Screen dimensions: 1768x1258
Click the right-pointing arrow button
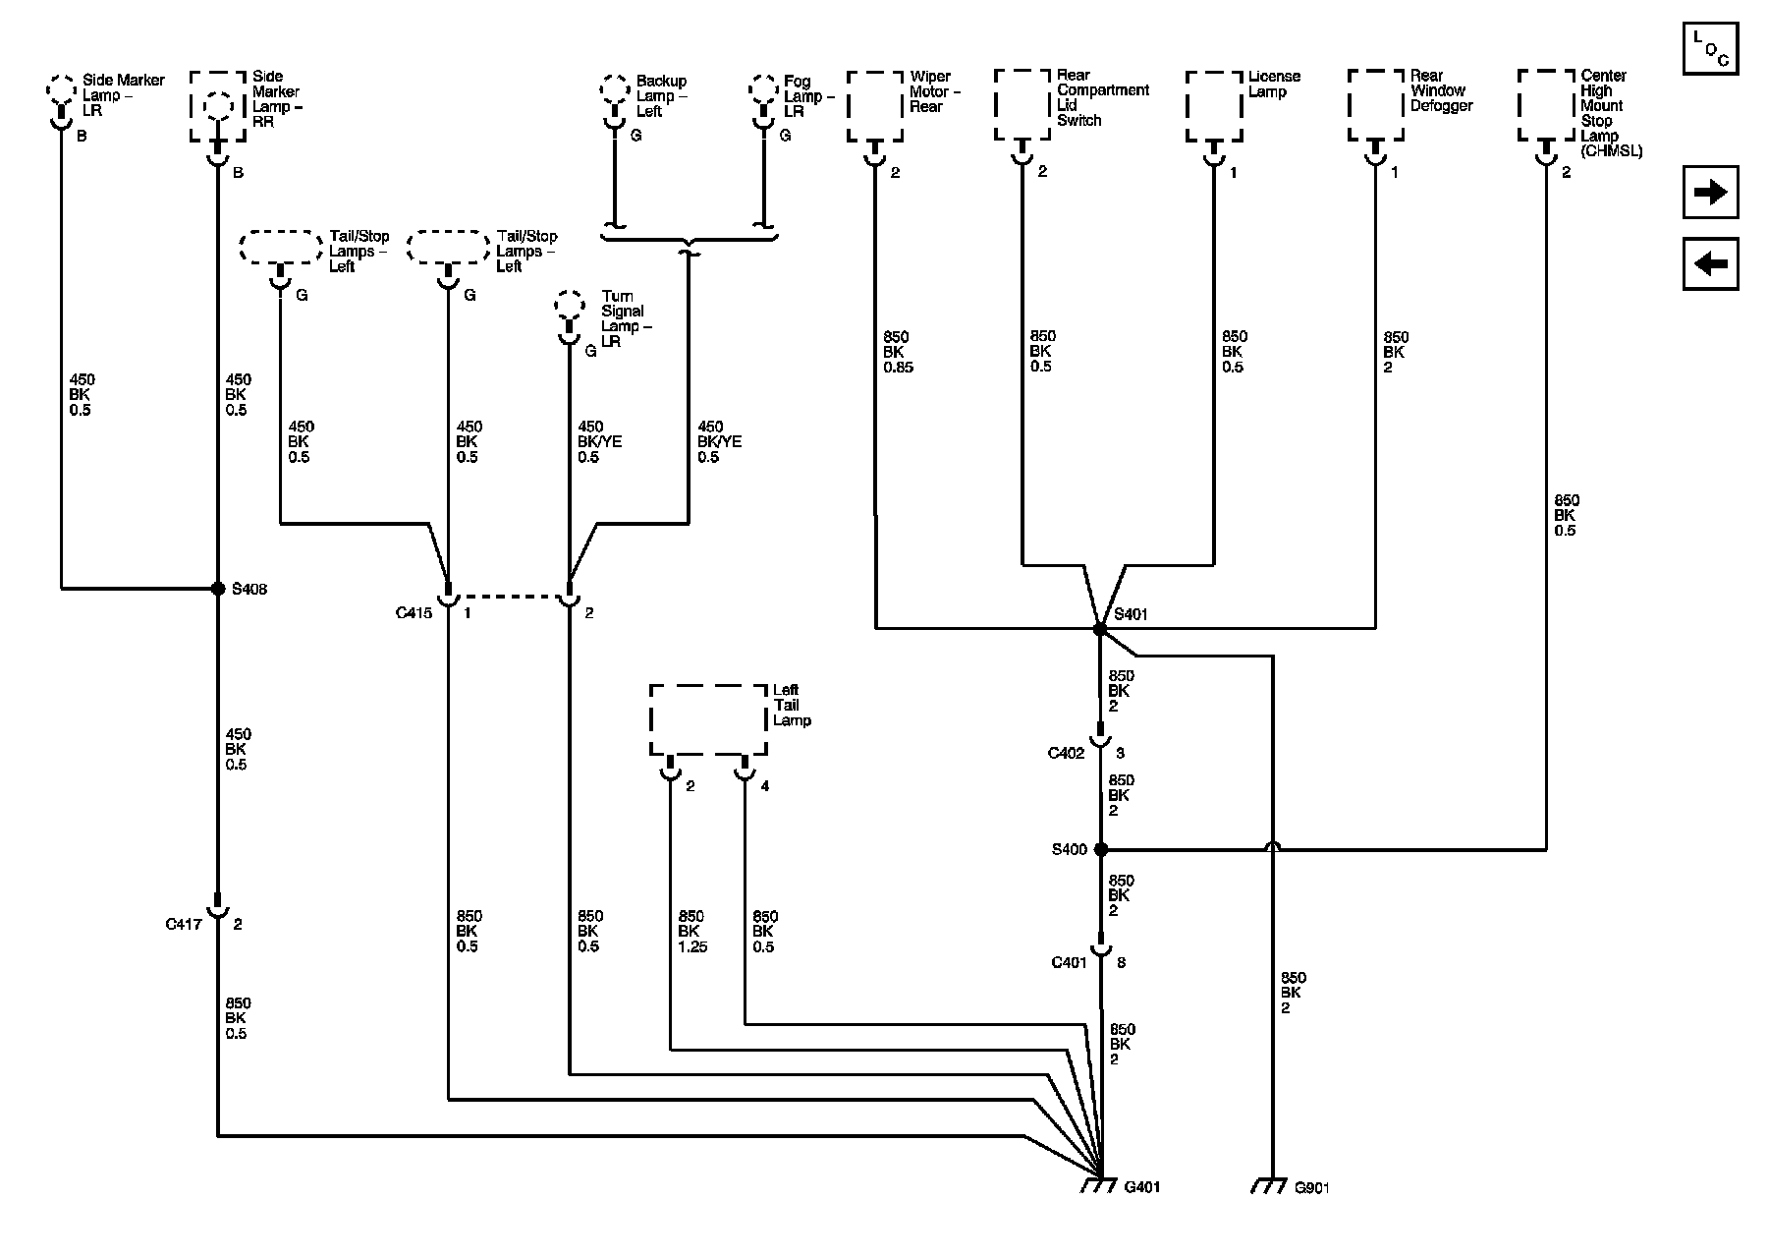pos(1710,192)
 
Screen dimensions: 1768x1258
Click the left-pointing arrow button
pos(1710,263)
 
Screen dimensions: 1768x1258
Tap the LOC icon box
pos(1710,48)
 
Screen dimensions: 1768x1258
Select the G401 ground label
pos(1142,1187)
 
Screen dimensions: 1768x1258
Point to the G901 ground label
pos(1312,1187)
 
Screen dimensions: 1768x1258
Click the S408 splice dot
pos(218,589)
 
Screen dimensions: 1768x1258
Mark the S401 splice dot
pos(1100,628)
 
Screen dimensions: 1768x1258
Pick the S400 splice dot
pos(1100,849)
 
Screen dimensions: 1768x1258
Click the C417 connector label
pos(184,924)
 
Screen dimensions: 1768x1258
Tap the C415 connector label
pos(414,612)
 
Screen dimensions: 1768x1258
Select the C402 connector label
pos(1066,753)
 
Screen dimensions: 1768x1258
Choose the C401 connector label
pos(1069,962)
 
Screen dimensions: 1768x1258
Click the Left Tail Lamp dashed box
pos(708,720)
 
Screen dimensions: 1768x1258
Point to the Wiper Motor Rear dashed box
pos(874,106)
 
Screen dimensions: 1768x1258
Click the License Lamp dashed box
pos(1214,106)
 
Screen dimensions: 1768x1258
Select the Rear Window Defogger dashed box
pos(1375,105)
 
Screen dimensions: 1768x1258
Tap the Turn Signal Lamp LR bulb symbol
pos(568,313)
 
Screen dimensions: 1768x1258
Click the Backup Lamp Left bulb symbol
pos(615,99)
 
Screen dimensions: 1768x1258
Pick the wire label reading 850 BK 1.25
pos(691,931)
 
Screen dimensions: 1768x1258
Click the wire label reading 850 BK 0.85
pos(898,352)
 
